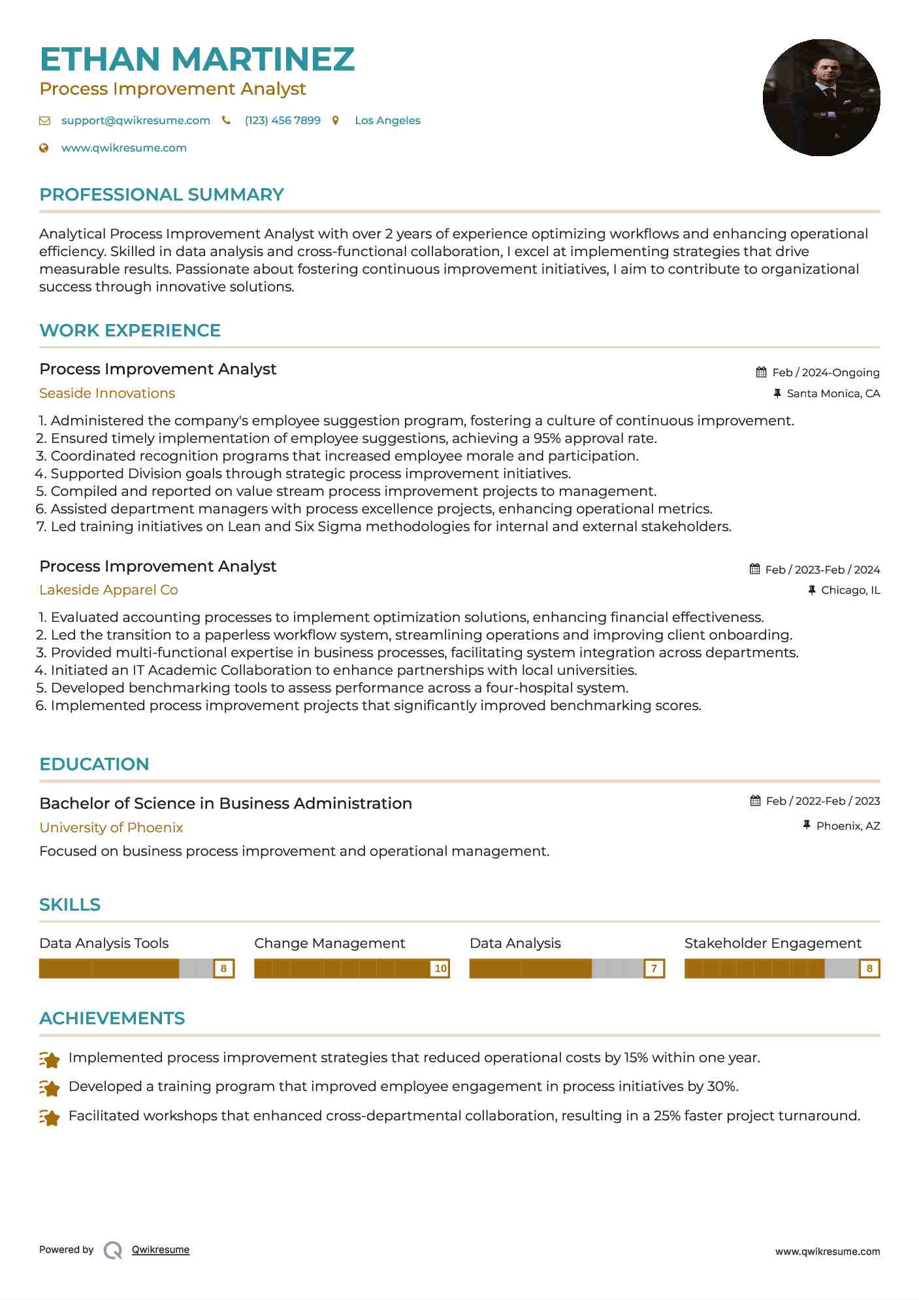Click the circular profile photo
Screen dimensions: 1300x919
coord(821,98)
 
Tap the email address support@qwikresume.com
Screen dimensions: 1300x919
coord(135,120)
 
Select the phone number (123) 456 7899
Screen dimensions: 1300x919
coord(282,120)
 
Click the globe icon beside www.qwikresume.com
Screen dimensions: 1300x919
coord(44,148)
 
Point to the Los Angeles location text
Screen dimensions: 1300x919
coord(387,120)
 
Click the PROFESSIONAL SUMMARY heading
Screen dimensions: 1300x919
coord(161,195)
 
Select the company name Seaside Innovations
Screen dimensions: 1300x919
coord(107,393)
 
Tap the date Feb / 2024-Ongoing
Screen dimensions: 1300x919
coord(826,372)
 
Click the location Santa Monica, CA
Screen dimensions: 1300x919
coord(833,393)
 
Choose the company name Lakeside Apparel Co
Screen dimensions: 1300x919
coord(108,590)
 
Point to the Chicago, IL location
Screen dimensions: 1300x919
coord(850,590)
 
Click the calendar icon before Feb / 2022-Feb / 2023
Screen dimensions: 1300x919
coord(755,801)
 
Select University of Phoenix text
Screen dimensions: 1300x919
coord(111,828)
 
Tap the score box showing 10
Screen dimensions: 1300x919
coord(440,968)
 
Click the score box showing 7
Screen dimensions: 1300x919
coord(654,968)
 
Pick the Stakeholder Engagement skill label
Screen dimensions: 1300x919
coord(773,943)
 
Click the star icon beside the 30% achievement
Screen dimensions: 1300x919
coord(50,1088)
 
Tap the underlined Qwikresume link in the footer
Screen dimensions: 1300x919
coord(161,1250)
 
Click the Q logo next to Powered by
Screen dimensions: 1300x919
coord(113,1250)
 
